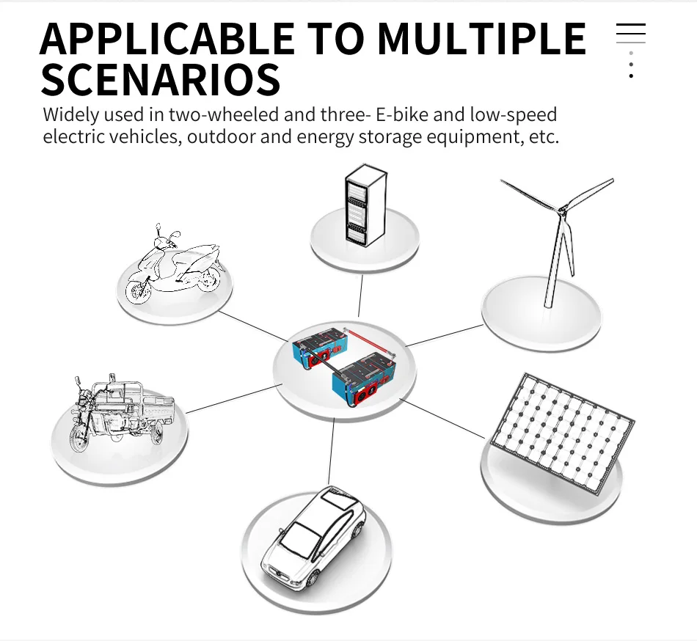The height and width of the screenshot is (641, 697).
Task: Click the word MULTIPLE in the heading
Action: click(482, 38)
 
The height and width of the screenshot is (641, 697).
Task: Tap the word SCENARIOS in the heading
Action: click(161, 79)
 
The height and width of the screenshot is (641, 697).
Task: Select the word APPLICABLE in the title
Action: click(167, 38)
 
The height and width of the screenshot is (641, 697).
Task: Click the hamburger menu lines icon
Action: click(631, 33)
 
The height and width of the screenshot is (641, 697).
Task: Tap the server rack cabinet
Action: click(366, 205)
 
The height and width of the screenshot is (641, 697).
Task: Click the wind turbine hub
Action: click(563, 209)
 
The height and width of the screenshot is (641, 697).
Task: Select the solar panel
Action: click(562, 433)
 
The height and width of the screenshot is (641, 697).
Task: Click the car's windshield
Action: click(299, 537)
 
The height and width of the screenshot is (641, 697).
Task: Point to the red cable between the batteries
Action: click(368, 341)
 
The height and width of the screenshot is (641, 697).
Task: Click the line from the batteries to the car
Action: click(331, 452)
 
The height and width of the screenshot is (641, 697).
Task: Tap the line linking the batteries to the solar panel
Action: click(442, 419)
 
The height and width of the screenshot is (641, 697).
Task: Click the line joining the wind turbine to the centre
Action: click(445, 335)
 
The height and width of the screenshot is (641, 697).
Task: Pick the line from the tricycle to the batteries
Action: click(234, 398)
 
